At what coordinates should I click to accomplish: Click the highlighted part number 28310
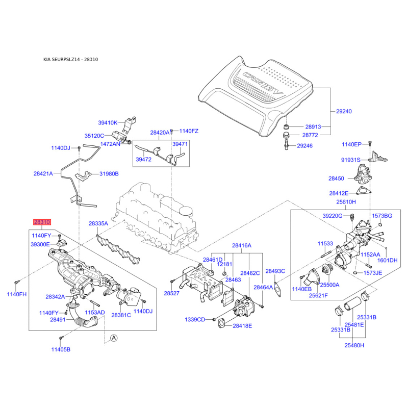[42, 222]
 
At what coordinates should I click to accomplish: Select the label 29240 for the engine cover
[344, 111]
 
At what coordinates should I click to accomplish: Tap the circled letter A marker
[114, 338]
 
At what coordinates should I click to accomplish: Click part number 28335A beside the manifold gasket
[98, 223]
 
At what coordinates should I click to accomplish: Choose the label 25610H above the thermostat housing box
[346, 202]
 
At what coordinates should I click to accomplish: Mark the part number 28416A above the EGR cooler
[241, 245]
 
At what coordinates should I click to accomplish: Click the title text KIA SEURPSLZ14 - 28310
[70, 59]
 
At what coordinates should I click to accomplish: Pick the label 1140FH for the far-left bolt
[17, 294]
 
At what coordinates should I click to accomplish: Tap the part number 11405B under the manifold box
[61, 349]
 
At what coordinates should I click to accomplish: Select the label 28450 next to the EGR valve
[336, 178]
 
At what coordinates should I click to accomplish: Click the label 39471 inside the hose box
[180, 144]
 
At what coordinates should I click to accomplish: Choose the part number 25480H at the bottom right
[354, 345]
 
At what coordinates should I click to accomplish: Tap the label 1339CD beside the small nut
[195, 320]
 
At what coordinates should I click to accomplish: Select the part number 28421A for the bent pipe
[43, 173]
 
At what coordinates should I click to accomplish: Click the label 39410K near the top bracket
[108, 122]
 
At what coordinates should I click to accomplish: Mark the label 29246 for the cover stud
[304, 146]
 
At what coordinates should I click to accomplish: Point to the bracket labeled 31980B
[83, 176]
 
